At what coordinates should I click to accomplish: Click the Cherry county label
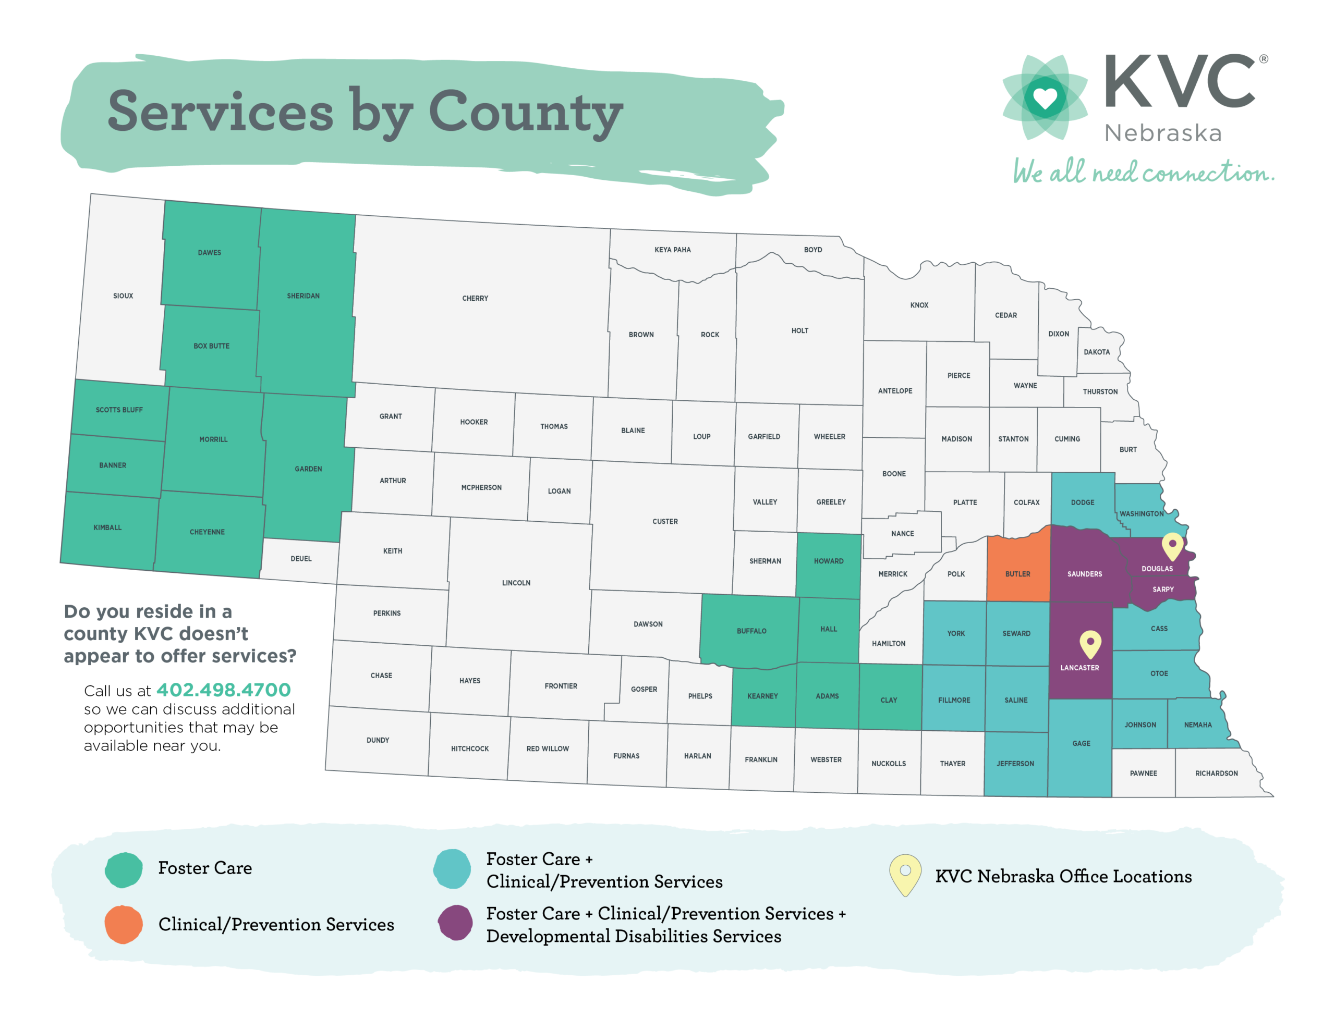coord(475,298)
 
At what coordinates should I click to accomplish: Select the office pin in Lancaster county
coord(1090,643)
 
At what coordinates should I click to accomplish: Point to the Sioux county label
coord(123,296)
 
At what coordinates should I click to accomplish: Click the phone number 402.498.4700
coord(223,690)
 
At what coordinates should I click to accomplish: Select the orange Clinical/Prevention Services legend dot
coord(124,924)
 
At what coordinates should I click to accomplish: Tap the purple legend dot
coord(455,923)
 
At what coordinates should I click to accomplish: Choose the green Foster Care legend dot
coord(124,869)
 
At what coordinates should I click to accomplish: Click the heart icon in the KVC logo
coord(1045,98)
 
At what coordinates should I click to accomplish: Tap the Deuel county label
coord(301,559)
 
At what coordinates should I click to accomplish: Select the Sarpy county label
coord(1162,589)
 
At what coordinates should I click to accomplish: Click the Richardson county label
coord(1216,773)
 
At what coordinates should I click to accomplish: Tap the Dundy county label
coord(378,740)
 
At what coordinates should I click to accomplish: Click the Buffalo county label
coord(751,631)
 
